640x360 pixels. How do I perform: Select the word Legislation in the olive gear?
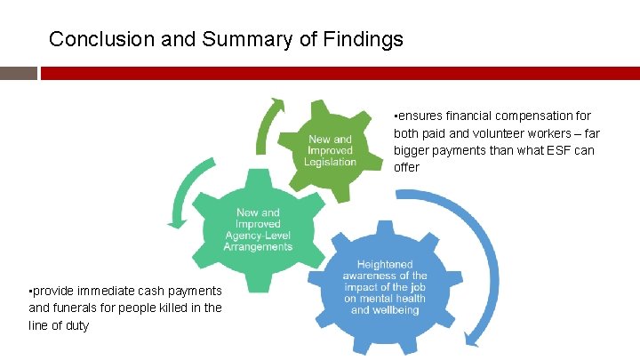(x=330, y=162)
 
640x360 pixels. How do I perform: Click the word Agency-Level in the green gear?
(x=259, y=236)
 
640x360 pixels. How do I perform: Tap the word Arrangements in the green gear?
(x=259, y=246)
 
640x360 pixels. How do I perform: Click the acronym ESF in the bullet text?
(x=555, y=150)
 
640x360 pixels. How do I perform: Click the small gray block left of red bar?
(x=18, y=73)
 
